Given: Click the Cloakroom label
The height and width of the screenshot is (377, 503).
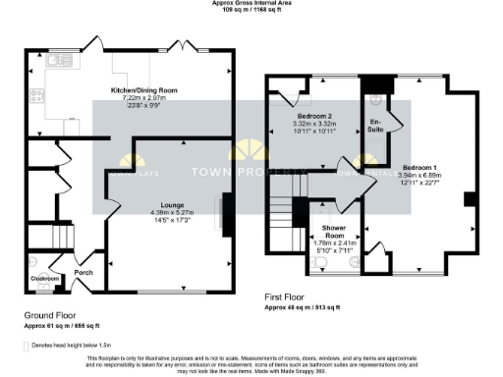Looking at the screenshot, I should tap(41, 279).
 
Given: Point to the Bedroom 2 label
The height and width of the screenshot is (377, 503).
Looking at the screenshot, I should tap(316, 116).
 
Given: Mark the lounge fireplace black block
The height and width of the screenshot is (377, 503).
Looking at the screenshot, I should tap(228, 216).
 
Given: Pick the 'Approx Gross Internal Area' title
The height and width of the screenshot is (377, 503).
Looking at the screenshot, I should tap(251, 3).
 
